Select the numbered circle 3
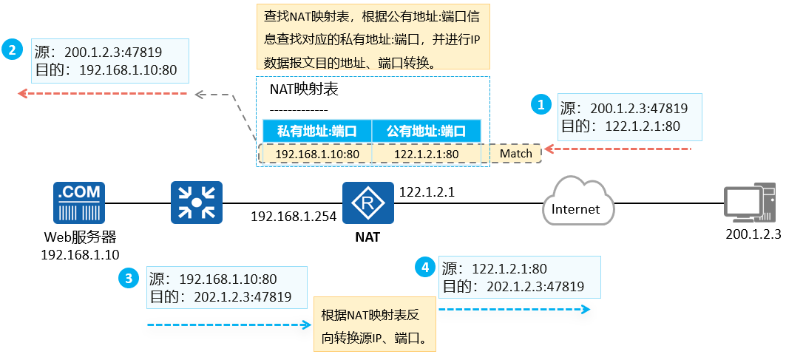pos(129,278)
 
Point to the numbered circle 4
pos(424,267)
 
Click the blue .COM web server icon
pos(79,203)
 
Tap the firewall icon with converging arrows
pos(197,203)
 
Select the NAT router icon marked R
pos(367,203)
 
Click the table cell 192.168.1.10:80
pos(316,154)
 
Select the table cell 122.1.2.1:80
pos(427,154)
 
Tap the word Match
pos(516,154)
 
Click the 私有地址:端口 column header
pos(316,132)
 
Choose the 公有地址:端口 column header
pos(427,132)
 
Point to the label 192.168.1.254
pos(294,217)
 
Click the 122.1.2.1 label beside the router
pos(427,192)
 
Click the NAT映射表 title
pos(304,89)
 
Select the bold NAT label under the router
pos(367,238)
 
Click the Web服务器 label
pos(79,238)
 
